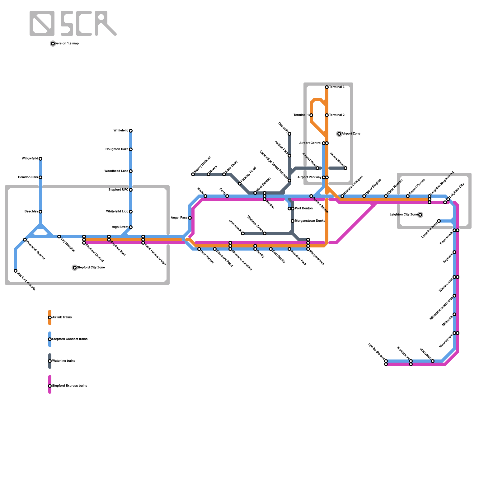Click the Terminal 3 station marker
click(327, 87)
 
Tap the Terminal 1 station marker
click(311, 115)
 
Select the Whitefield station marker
click(131, 131)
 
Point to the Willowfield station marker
click(40, 159)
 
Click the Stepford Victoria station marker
click(16, 271)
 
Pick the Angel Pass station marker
click(190, 218)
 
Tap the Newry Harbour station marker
click(193, 174)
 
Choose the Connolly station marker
click(289, 134)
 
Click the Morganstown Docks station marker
click(293, 221)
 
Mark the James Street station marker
click(345, 168)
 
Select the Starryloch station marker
click(433, 361)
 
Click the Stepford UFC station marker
click(131, 190)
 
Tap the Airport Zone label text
click(351, 134)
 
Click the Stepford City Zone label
click(91, 268)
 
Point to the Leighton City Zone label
click(404, 215)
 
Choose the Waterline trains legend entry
click(63, 361)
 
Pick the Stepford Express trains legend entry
click(69, 386)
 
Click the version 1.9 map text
click(67, 44)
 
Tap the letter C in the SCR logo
click(84, 23)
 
